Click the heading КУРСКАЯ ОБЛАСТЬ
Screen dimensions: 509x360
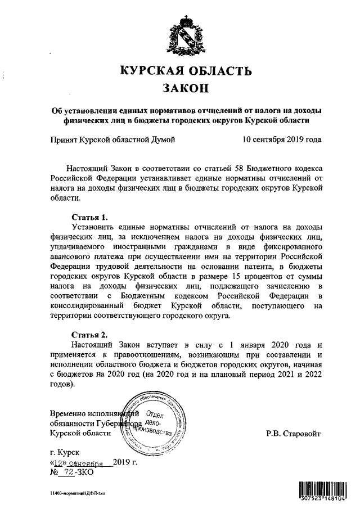click(186, 71)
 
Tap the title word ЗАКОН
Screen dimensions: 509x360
click(186, 88)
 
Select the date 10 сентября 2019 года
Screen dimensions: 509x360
click(282, 139)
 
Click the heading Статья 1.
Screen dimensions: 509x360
click(90, 217)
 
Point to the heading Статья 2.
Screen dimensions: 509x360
click(90, 334)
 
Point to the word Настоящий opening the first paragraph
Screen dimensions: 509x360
click(88, 168)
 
